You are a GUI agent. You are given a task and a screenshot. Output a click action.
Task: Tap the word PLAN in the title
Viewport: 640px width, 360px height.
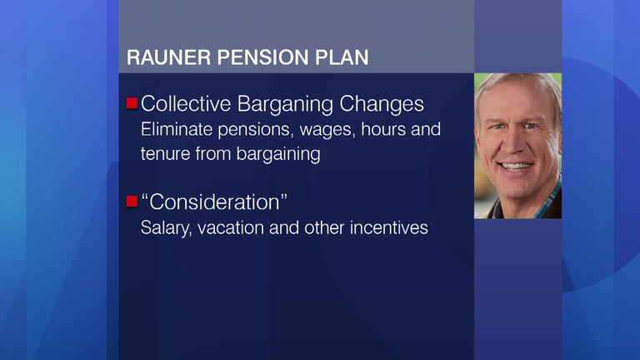[342, 57]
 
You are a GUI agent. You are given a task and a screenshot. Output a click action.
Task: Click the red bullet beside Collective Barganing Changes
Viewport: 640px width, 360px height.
[132, 103]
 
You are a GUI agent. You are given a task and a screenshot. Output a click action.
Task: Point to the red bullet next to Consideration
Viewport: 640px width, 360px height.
[132, 201]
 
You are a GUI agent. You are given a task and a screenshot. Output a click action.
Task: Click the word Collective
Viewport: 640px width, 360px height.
[186, 103]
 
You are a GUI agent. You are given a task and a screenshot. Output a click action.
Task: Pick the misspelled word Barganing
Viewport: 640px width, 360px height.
[285, 104]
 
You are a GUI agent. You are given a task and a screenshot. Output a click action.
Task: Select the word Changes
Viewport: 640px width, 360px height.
[382, 104]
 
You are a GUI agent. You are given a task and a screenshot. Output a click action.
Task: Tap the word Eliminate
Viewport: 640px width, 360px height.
[177, 129]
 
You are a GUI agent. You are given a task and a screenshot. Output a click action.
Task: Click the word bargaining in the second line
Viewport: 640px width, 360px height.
[278, 155]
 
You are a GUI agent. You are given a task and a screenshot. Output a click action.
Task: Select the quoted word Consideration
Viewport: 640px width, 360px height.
[214, 202]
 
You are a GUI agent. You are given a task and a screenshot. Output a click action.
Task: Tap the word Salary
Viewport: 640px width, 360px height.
[166, 228]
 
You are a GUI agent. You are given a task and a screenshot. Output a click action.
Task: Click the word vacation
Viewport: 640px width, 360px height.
[231, 227]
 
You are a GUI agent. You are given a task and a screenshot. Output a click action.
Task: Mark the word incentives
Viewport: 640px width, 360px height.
[388, 227]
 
